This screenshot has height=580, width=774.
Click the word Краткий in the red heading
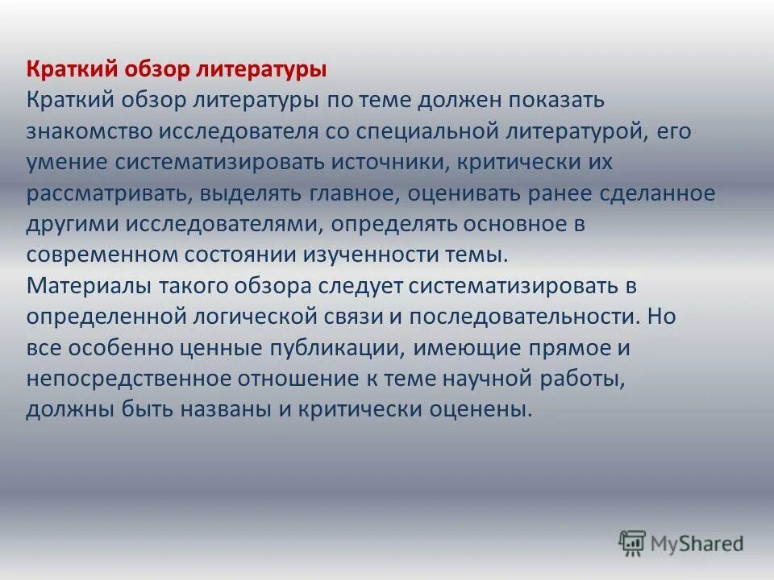click(x=70, y=69)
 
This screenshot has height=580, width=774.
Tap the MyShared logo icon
click(x=633, y=543)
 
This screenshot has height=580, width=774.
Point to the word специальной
click(x=411, y=131)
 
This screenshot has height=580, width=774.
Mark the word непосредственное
click(x=114, y=378)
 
